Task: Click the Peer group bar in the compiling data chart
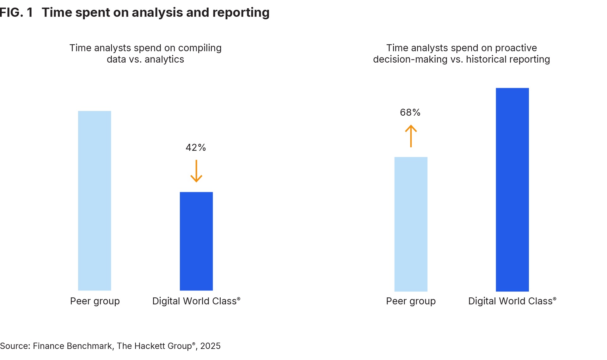(x=95, y=201)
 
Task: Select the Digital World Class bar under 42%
(x=196, y=241)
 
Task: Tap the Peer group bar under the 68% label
(x=411, y=224)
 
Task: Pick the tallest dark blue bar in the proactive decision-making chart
(x=512, y=190)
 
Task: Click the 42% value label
(x=196, y=148)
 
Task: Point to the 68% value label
(x=410, y=113)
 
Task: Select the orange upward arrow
(x=411, y=136)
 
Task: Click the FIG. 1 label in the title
(x=16, y=13)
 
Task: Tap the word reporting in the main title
(x=241, y=13)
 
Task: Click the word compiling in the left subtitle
(x=200, y=48)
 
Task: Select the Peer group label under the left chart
(x=95, y=301)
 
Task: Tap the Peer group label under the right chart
(x=411, y=301)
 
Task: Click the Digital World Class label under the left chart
(x=196, y=301)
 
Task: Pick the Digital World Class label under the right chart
(x=512, y=301)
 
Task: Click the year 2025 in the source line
(x=210, y=346)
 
